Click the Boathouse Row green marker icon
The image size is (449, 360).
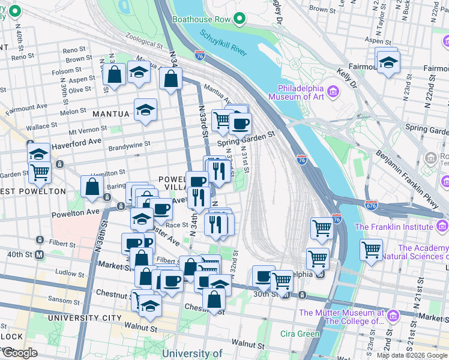pos(240,19)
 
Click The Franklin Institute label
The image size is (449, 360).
pos(393,226)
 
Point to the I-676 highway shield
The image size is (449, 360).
pos(372,206)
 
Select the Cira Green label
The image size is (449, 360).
pos(300,334)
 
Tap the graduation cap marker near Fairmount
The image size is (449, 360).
pos(388,62)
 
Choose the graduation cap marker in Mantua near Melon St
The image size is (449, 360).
pos(145,110)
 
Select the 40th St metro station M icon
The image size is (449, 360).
pos(40,254)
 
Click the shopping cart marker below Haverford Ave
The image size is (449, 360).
pos(39,172)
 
